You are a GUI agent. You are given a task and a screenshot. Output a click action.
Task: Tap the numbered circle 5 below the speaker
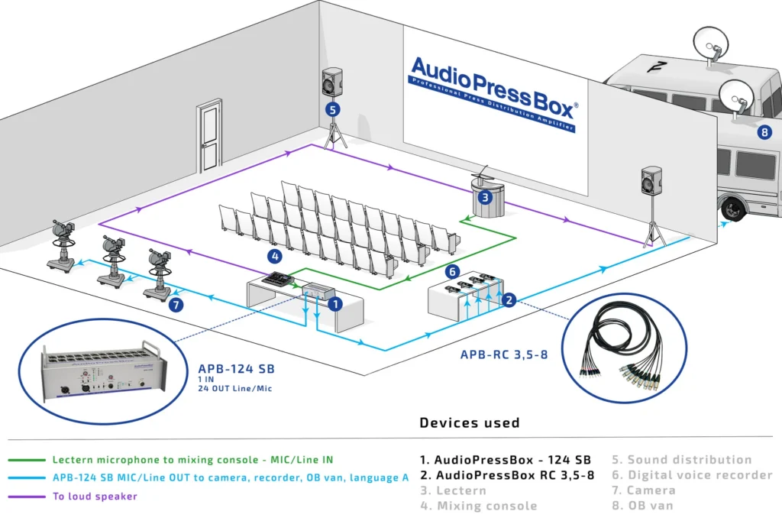coord(332,109)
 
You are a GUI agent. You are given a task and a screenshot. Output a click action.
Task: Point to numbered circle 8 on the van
coord(764,131)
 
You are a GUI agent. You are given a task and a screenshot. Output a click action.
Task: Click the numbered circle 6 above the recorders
coord(452,271)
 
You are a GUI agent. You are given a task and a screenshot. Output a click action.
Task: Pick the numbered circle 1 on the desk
coord(333,303)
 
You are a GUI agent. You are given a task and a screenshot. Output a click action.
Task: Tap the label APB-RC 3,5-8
coord(504,354)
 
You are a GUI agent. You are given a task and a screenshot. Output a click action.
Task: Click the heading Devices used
coord(470,422)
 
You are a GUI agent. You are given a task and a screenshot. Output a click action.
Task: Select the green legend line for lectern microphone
coord(27,460)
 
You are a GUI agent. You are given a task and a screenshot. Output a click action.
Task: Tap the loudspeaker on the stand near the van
coord(651,182)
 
